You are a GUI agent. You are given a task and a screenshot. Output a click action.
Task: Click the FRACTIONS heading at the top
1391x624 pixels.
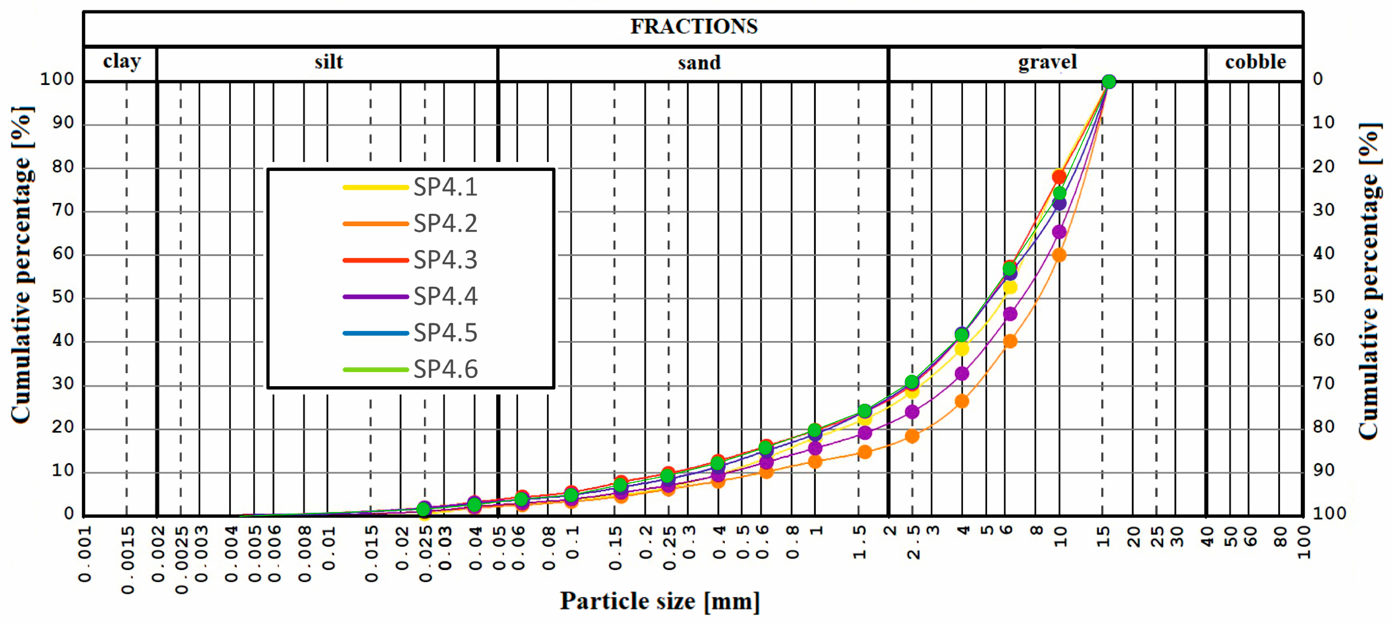pyautogui.click(x=694, y=26)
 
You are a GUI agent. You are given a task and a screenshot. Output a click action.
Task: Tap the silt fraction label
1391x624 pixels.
pyautogui.click(x=328, y=62)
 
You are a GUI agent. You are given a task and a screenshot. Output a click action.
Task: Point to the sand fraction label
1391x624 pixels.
pyautogui.click(x=699, y=63)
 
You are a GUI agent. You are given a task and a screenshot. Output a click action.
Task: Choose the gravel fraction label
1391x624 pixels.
pyautogui.click(x=1047, y=62)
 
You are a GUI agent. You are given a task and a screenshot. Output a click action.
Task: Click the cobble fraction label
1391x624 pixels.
pyautogui.click(x=1255, y=62)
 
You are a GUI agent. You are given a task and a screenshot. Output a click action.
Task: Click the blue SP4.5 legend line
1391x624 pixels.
pyautogui.click(x=375, y=333)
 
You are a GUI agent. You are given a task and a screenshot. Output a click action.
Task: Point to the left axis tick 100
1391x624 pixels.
pyautogui.click(x=57, y=79)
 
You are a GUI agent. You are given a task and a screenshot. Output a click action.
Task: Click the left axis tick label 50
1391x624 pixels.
pyautogui.click(x=63, y=297)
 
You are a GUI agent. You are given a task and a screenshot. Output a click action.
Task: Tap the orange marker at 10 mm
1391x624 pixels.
pyautogui.click(x=1059, y=255)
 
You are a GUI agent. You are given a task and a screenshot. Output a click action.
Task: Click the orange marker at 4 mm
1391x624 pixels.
pyautogui.click(x=962, y=401)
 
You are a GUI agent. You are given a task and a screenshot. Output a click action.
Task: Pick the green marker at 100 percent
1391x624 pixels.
pyautogui.click(x=1109, y=81)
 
